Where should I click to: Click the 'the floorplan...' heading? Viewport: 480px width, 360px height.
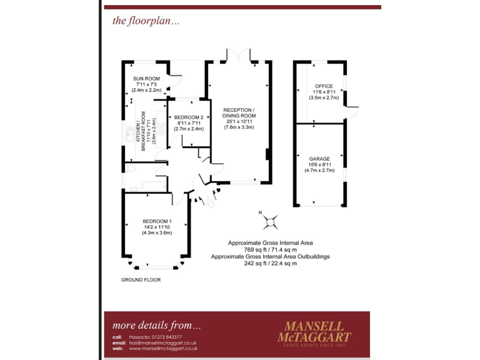click(146, 21)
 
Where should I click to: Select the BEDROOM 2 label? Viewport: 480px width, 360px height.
click(188, 117)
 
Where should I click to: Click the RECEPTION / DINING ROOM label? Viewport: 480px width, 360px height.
click(240, 112)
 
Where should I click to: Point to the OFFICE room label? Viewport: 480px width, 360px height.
click(324, 86)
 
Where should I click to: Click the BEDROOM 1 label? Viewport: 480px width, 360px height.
click(157, 221)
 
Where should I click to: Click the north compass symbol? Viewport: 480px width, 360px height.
click(271, 221)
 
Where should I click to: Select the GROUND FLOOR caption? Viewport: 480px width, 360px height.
click(141, 280)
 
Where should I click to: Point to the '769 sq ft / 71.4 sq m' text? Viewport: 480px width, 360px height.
click(270, 249)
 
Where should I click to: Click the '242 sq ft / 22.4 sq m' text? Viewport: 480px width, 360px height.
click(270, 263)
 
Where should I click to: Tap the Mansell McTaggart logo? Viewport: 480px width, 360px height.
click(317, 331)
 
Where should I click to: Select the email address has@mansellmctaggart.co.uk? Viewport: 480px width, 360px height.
click(163, 343)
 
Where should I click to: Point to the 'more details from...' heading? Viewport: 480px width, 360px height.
click(157, 325)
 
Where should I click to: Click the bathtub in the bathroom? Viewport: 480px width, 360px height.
click(147, 187)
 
